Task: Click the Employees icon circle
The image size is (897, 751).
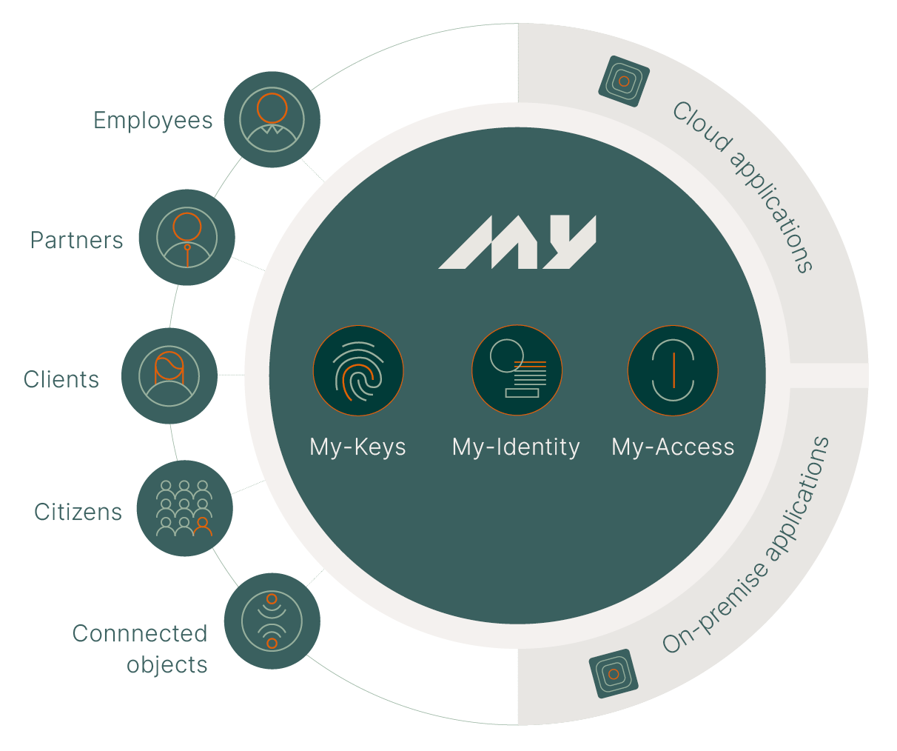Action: (272, 120)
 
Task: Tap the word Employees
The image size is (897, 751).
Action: (152, 121)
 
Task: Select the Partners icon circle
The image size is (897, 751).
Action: (187, 238)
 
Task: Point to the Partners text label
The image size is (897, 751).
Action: (76, 241)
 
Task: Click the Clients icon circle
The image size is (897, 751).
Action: (169, 375)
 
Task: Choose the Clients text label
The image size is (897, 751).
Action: (61, 379)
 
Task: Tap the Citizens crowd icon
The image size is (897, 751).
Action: (184, 508)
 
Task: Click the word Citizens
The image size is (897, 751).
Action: (78, 512)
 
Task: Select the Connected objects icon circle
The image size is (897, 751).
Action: (272, 621)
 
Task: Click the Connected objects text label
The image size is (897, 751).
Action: (141, 649)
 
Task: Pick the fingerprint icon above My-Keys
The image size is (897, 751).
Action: (358, 370)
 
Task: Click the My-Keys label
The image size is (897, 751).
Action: (357, 447)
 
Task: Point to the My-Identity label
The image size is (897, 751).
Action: (516, 447)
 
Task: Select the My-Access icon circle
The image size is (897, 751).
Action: (673, 370)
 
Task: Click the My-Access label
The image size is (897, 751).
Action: (673, 447)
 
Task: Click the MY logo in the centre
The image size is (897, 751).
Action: (517, 242)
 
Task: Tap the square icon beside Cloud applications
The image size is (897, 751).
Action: (623, 81)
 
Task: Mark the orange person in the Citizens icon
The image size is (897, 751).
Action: (202, 526)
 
